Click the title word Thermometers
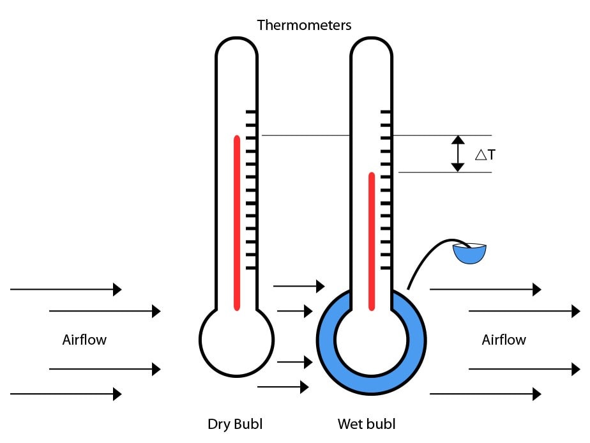point(304,25)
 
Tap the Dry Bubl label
point(235,424)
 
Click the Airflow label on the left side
point(84,340)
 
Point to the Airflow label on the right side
point(504,340)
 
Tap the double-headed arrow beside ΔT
point(457,154)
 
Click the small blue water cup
point(469,253)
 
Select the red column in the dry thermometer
point(237,223)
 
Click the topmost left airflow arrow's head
point(117,289)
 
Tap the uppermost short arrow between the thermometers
point(299,286)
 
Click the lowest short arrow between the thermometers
point(283,386)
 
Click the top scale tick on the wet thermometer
point(386,112)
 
